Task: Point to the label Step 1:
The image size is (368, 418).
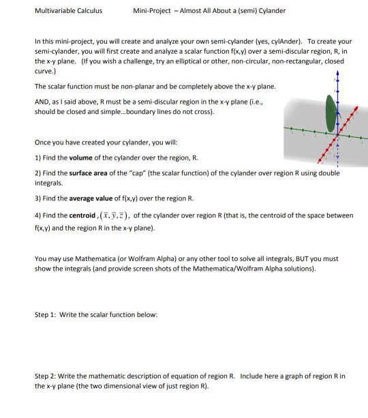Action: [46, 314]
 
